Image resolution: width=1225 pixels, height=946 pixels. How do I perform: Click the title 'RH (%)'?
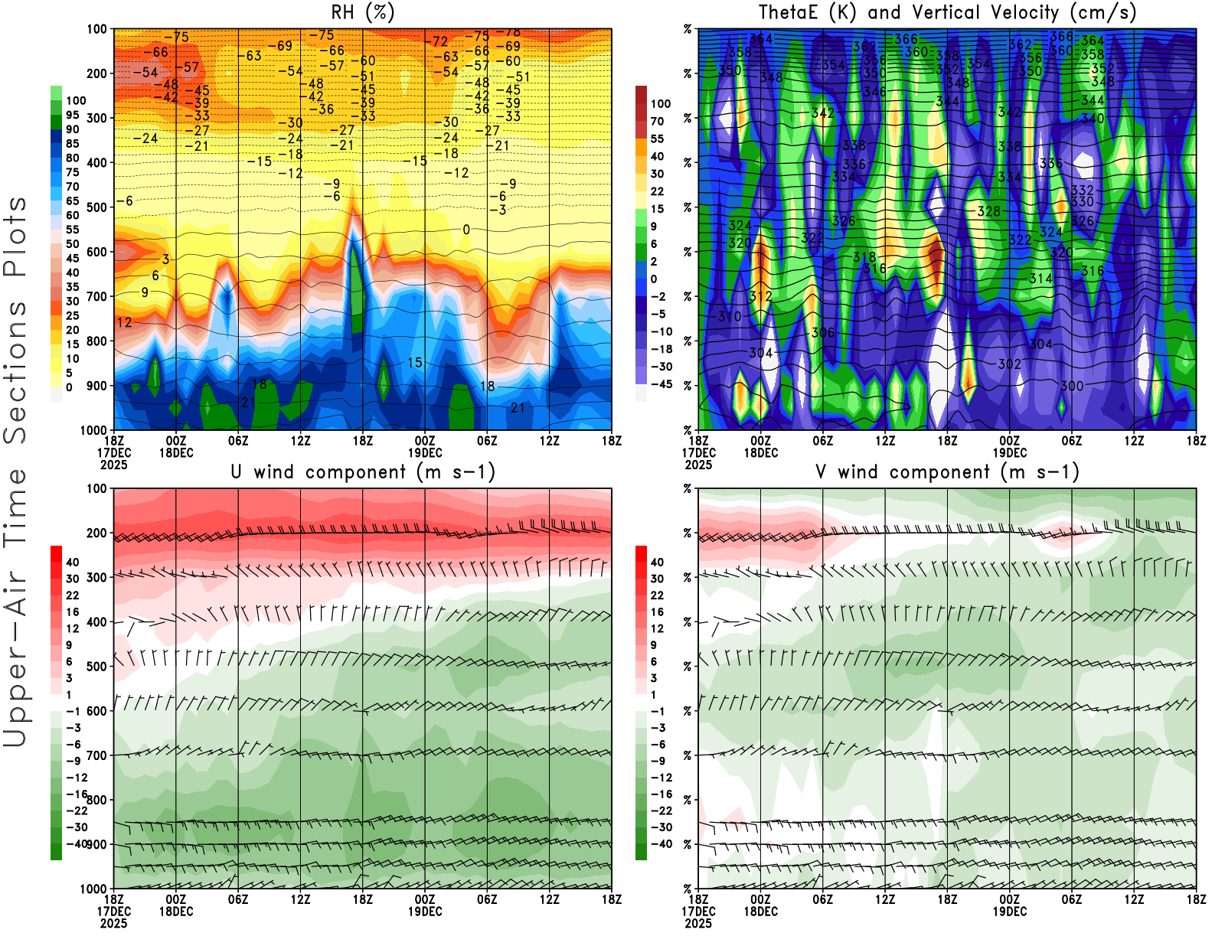[362, 12]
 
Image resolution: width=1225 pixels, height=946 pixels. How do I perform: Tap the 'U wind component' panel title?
[363, 472]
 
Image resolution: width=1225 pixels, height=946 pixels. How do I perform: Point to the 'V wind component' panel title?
[947, 472]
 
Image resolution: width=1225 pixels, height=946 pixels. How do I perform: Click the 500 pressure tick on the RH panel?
[96, 207]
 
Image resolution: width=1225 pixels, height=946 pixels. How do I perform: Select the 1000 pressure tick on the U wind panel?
[93, 889]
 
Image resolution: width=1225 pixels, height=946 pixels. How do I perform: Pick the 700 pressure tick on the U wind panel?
[96, 755]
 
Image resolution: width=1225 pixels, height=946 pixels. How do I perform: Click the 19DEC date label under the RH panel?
[425, 452]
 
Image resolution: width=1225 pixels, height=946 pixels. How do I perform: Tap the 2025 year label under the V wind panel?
[698, 923]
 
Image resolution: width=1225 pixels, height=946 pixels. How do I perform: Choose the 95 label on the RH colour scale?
[72, 115]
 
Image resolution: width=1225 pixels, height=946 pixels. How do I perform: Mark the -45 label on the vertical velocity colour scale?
[661, 384]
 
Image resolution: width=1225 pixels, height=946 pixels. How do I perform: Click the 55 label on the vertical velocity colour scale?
[657, 139]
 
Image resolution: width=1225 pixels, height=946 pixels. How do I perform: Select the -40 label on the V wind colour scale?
[661, 844]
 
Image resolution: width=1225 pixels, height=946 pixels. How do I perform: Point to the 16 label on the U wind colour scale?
[73, 612]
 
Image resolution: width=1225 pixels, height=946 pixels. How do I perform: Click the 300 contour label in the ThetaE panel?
[1072, 386]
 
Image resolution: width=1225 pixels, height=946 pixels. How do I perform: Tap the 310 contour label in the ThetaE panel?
[730, 316]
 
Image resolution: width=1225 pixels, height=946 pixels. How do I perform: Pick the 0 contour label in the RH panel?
[466, 230]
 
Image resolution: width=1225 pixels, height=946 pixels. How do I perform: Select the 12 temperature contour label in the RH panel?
[124, 322]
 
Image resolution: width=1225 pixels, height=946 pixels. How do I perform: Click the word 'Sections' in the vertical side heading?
[15, 371]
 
